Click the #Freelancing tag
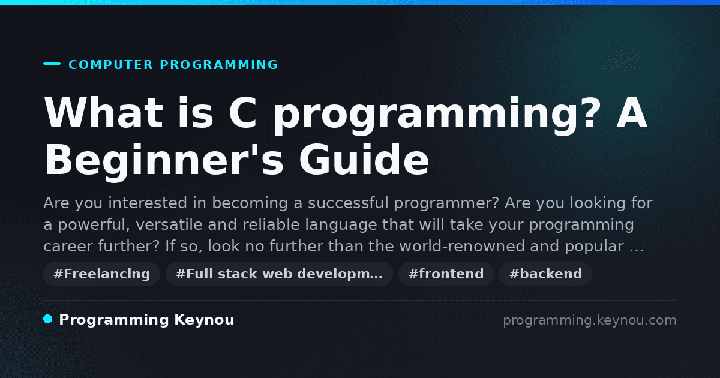[101, 274]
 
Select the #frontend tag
[446, 274]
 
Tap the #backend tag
[545, 274]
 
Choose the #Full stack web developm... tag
[279, 274]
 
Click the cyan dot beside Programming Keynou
[48, 319]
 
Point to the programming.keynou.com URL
[590, 320]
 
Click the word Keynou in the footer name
[204, 320]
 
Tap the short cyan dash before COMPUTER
[52, 64]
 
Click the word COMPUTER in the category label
[110, 65]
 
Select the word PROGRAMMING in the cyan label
[219, 65]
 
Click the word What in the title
[103, 113]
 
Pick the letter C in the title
[243, 113]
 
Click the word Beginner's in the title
[164, 160]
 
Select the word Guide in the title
[364, 160]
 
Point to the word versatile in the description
[169, 224]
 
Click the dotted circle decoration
[620, 59]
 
